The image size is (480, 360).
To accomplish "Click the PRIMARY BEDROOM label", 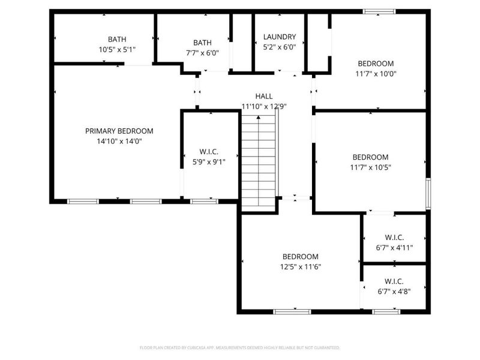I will click(119, 131).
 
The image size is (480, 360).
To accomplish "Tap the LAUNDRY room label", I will click(280, 37).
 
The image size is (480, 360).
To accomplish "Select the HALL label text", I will click(264, 96).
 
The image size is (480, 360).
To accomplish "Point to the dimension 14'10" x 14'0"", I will click(119, 142).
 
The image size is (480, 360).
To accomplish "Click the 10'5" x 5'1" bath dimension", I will click(118, 50).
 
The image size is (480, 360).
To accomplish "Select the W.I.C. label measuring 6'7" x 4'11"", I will click(394, 237).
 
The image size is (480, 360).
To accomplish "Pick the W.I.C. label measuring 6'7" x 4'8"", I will click(394, 281).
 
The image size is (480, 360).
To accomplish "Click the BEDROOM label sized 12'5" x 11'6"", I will click(301, 256).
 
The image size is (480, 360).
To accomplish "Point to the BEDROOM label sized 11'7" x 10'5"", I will click(370, 157).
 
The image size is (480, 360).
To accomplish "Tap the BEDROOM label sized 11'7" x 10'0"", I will click(376, 64).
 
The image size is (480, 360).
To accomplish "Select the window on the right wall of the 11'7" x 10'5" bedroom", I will click(428, 193).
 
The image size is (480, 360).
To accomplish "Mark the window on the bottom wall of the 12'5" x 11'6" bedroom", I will click(292, 311).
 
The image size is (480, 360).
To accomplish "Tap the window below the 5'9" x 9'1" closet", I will click(204, 201).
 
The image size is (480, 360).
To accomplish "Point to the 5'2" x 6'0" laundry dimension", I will click(280, 47).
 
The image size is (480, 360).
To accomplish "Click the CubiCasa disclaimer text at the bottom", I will click(240, 347).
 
